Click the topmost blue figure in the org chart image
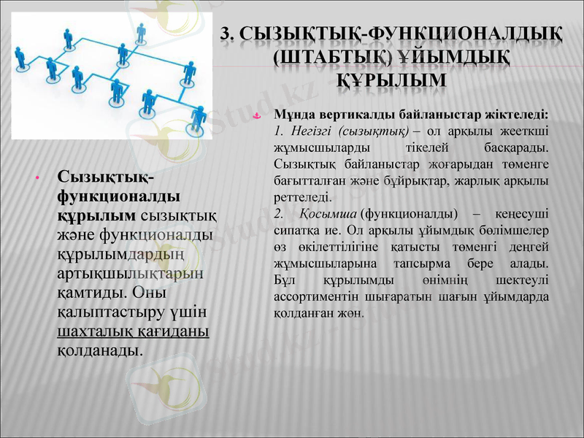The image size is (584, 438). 141,31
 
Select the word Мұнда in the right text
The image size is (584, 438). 293,115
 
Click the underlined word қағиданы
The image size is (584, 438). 173,331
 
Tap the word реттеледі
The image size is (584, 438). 301,197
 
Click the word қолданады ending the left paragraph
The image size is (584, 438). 99,350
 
